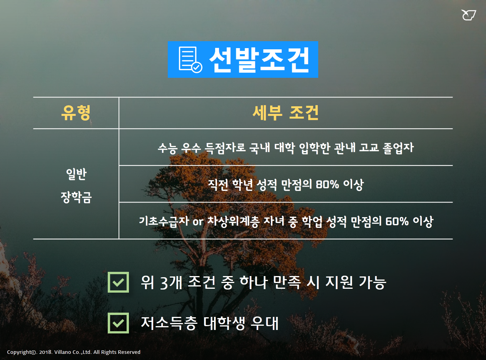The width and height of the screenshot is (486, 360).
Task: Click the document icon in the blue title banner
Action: point(190,59)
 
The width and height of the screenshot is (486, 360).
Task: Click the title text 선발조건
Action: point(259,60)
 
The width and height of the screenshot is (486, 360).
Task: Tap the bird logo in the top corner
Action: point(468,15)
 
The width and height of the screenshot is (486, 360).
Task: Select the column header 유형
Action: point(76,113)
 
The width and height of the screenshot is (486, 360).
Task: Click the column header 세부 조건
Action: point(286,113)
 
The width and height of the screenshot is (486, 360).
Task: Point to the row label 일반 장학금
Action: point(76,186)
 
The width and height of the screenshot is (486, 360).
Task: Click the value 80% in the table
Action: point(327,184)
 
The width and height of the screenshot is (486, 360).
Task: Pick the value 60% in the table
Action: point(397,221)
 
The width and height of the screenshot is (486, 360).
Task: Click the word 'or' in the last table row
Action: point(198,222)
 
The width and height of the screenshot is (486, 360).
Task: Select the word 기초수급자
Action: point(164,221)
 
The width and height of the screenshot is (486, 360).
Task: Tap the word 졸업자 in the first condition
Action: point(398,147)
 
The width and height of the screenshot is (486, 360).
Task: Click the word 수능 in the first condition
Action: point(168,147)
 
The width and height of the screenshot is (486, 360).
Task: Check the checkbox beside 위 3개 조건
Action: point(118,282)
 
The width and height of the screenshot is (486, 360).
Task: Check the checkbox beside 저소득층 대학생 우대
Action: point(118,323)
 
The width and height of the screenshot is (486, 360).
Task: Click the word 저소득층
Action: point(169,323)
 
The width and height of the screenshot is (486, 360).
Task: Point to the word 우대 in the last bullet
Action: point(264,323)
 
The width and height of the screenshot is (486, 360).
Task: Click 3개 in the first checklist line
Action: point(171,282)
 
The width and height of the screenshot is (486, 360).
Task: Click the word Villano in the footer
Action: point(62,352)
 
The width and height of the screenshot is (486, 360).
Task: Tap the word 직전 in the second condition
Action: point(218,184)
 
